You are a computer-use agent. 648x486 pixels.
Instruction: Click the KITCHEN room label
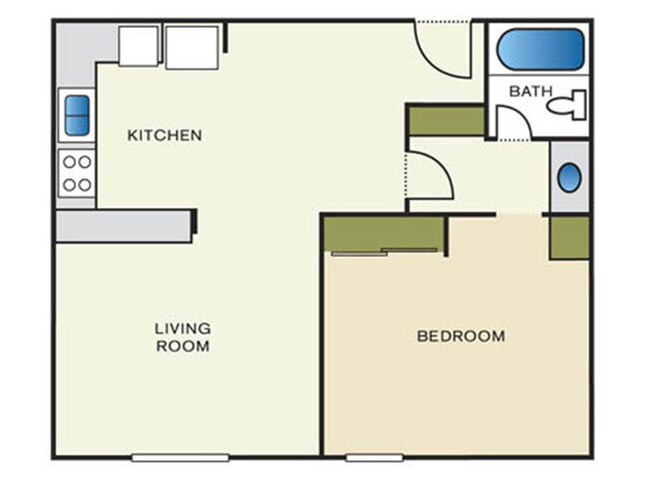tap(164, 134)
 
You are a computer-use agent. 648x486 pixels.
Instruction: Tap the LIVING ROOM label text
tap(182, 337)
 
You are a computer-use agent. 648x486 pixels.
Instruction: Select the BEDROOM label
tap(460, 336)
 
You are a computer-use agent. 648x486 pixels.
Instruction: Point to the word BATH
tap(530, 91)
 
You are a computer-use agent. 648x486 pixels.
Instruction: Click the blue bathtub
tap(539, 48)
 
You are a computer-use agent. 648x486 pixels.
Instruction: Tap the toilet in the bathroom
tap(571, 103)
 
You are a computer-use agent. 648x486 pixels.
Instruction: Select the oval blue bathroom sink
tap(568, 178)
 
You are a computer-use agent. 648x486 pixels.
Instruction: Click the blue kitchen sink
tap(76, 115)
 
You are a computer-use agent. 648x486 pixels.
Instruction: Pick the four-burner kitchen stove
tap(77, 172)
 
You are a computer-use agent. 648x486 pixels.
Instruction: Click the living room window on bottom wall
tap(180, 457)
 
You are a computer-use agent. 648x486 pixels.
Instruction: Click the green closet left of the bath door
tap(446, 120)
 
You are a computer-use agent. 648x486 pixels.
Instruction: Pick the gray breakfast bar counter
tap(124, 224)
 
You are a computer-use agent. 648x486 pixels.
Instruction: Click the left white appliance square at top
tap(139, 46)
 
